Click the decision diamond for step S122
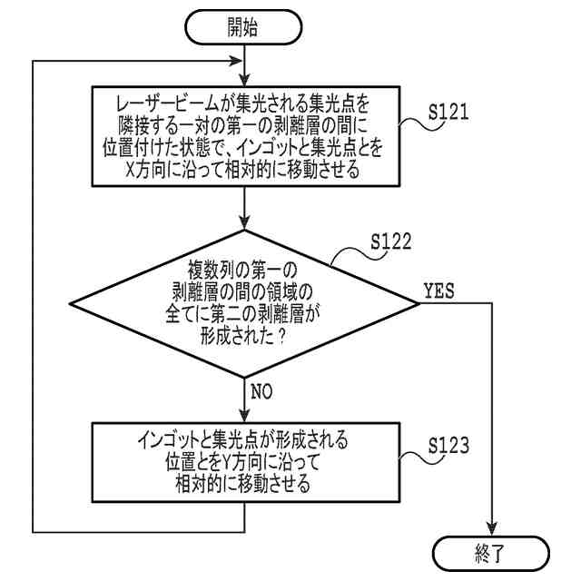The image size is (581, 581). pyautogui.click(x=246, y=302)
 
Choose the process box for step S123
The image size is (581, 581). pyautogui.click(x=246, y=460)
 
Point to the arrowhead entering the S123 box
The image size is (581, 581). pyautogui.click(x=246, y=412)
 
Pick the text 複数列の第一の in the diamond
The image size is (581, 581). pyautogui.click(x=246, y=271)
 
